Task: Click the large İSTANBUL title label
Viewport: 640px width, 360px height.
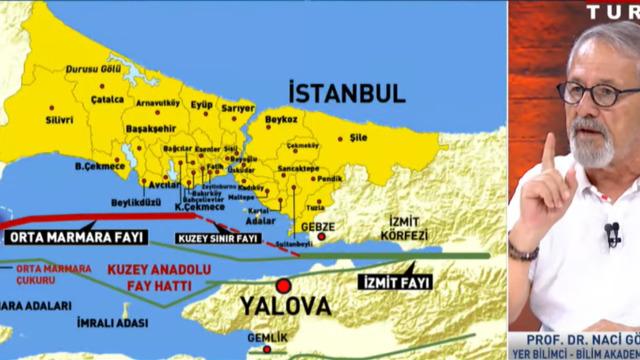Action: point(346,93)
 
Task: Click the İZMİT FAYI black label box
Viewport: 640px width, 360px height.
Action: point(390,282)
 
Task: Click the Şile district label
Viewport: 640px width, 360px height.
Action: point(386,138)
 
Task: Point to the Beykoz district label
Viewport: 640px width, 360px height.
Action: point(282,119)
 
